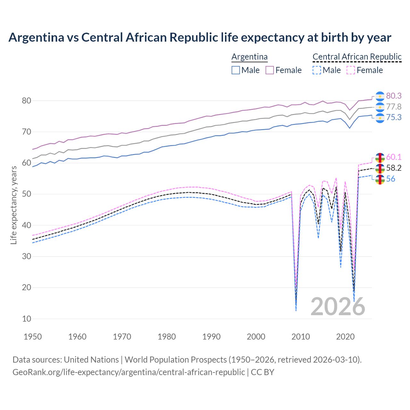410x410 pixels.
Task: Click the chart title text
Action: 200,37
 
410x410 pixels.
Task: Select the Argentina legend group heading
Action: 249,57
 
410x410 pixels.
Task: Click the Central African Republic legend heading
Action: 357,57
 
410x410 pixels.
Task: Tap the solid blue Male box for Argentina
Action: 236,70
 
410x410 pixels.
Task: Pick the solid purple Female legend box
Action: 270,70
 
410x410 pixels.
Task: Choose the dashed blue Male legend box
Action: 316,70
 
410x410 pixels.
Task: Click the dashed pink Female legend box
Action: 351,70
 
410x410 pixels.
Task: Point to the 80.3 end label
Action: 394,96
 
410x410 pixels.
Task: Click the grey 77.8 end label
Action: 394,107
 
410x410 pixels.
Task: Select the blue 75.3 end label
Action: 394,118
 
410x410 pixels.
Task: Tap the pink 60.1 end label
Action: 394,157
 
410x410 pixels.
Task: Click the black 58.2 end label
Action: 394,168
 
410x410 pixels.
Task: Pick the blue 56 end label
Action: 390,179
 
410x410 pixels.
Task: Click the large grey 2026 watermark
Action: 338,307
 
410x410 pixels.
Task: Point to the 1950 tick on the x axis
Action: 33,337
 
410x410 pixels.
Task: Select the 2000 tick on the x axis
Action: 256,337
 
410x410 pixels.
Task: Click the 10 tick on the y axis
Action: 27,319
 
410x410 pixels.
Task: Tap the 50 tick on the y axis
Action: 27,194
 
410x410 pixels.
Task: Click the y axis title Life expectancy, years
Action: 13,205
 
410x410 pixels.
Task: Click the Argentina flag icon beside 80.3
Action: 380,96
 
